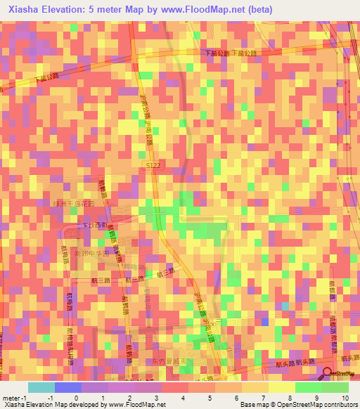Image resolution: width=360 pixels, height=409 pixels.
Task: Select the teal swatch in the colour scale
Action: [41, 387]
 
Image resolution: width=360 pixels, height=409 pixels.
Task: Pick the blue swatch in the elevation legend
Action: [68, 387]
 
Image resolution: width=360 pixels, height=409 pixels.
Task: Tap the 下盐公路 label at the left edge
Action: [44, 80]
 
